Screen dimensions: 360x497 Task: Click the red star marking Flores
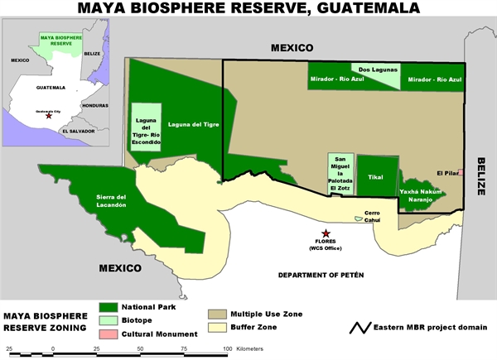pos(326,234)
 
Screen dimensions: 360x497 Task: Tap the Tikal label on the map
pos(376,177)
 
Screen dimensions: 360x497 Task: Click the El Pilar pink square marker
pos(461,172)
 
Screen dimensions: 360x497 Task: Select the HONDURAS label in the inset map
pos(96,105)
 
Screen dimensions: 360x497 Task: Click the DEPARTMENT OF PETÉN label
pos(321,274)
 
